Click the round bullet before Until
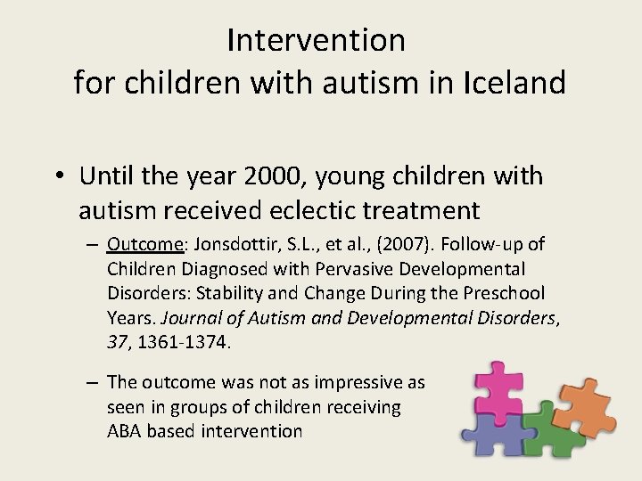[60, 175]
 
